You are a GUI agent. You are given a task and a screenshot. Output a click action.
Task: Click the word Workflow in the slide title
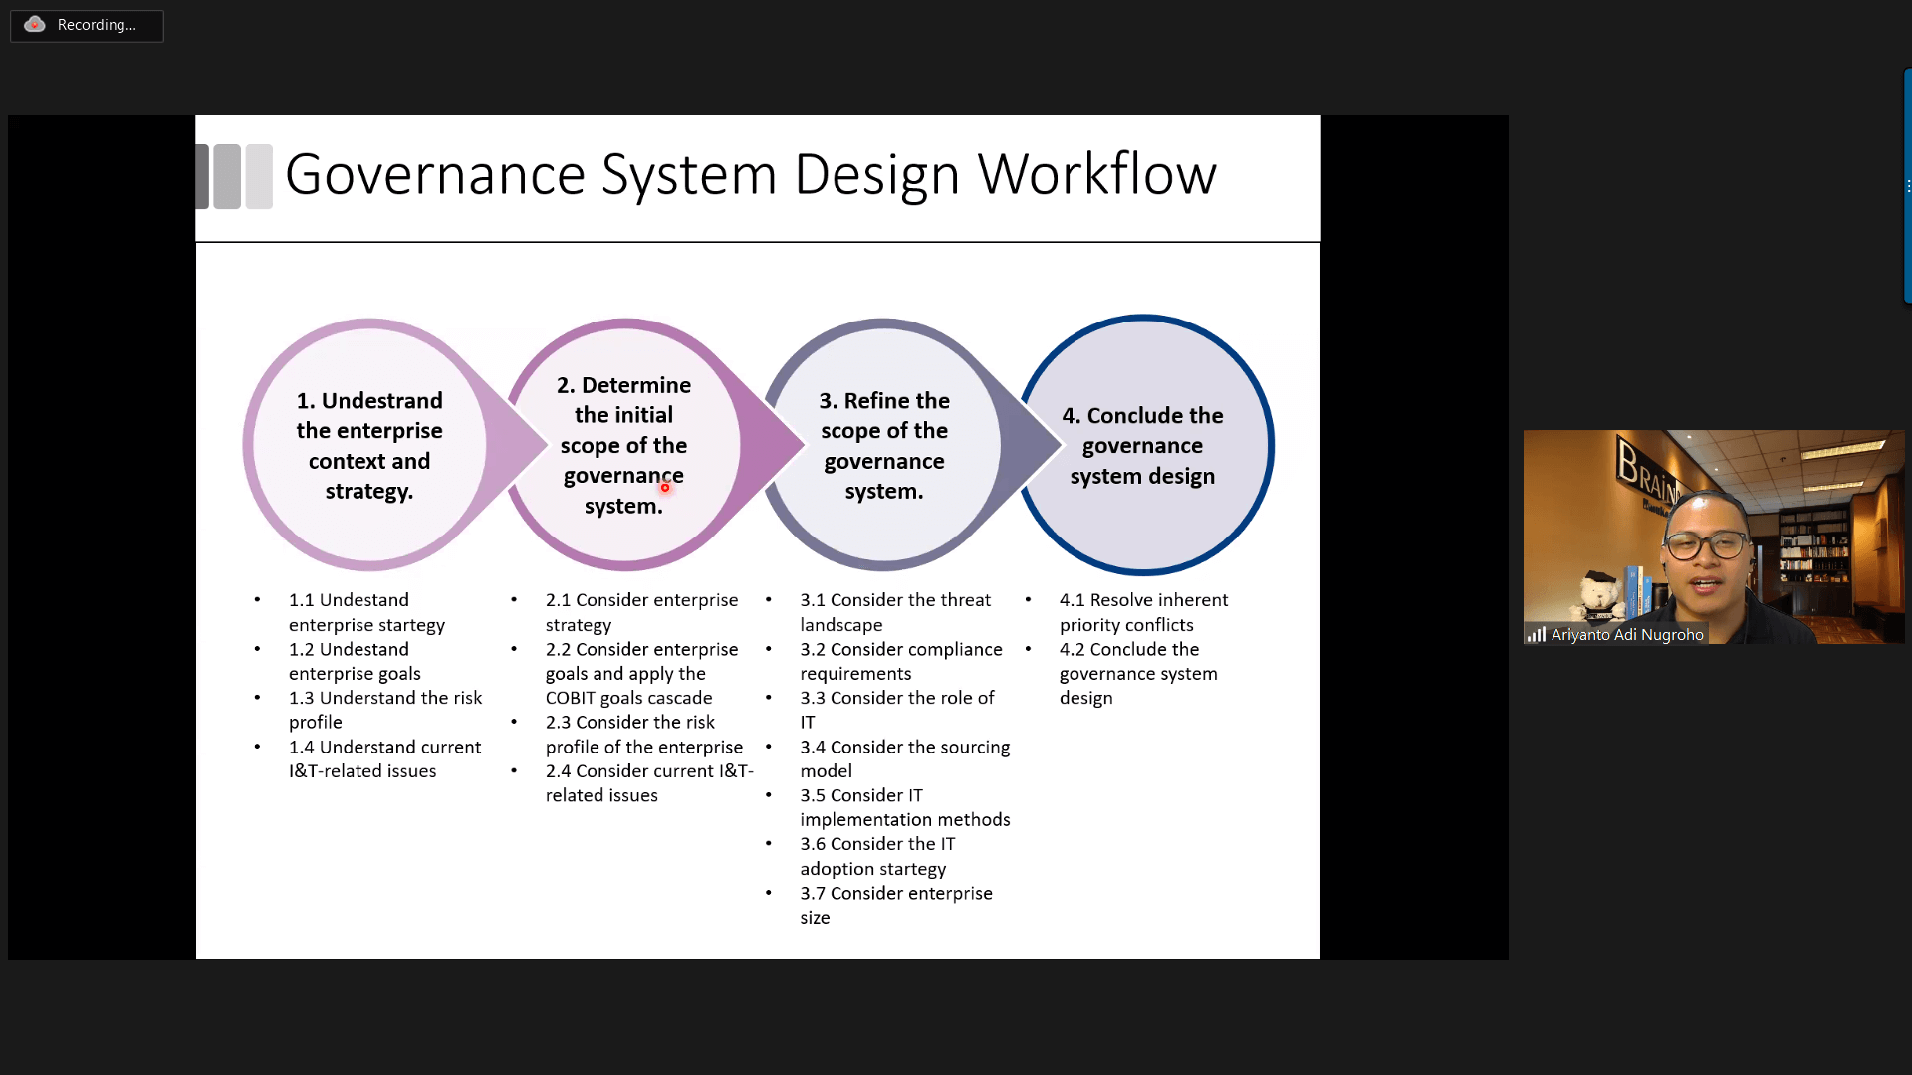1096,174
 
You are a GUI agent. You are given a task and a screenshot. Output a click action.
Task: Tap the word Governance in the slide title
435,174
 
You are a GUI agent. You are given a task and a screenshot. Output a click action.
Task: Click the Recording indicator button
87,25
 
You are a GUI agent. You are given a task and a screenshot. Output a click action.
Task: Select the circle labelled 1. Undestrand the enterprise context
368,445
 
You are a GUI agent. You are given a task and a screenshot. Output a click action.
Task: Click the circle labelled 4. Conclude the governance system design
1143,445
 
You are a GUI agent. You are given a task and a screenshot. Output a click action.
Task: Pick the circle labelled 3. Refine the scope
883,445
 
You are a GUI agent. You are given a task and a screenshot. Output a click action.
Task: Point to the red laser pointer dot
665,487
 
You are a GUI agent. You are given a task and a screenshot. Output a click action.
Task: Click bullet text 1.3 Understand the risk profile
384,710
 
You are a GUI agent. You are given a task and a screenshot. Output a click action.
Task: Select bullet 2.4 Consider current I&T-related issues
648,783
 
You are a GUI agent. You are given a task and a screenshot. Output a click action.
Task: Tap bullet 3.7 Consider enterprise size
895,905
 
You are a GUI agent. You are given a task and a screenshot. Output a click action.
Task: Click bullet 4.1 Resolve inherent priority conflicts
1142,612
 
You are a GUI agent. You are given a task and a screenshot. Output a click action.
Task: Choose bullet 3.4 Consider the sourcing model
904,758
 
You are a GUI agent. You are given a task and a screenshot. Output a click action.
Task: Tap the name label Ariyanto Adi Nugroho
1626,635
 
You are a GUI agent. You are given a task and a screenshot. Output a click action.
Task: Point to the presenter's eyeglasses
1705,545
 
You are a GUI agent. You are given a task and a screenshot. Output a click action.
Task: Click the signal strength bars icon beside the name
1536,635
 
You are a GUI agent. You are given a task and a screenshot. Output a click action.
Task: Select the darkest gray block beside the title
202,176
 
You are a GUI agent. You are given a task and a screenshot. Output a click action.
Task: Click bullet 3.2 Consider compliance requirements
900,661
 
